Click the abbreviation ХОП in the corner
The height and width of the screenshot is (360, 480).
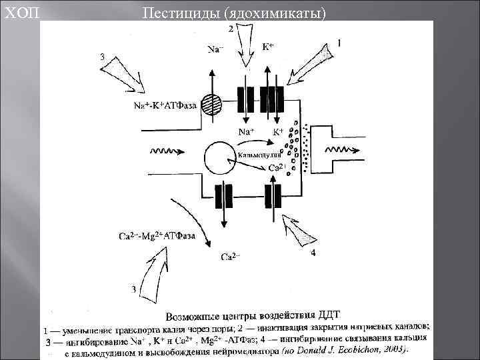18,11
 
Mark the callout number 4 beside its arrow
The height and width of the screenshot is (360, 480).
313,253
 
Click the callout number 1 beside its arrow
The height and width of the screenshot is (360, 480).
339,43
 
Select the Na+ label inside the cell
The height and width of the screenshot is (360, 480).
247,131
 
